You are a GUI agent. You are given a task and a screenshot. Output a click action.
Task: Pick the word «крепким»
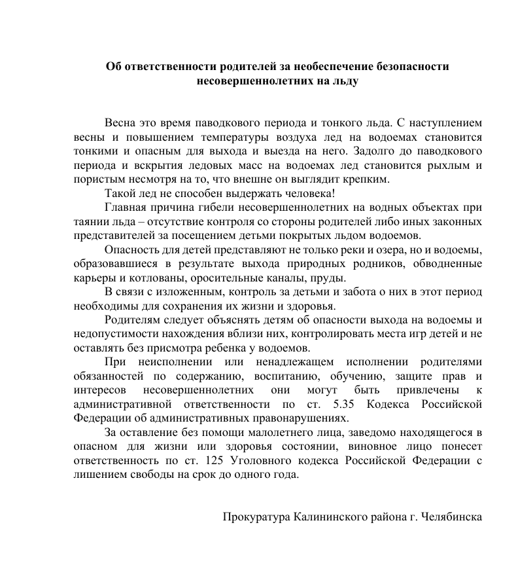coord(370,179)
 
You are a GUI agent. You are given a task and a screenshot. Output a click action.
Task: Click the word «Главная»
coord(127,208)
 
